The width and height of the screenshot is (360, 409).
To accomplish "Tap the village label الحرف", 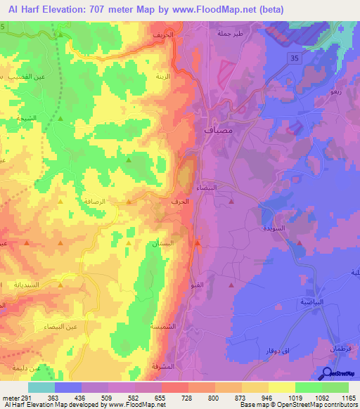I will [x=179, y=201].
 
